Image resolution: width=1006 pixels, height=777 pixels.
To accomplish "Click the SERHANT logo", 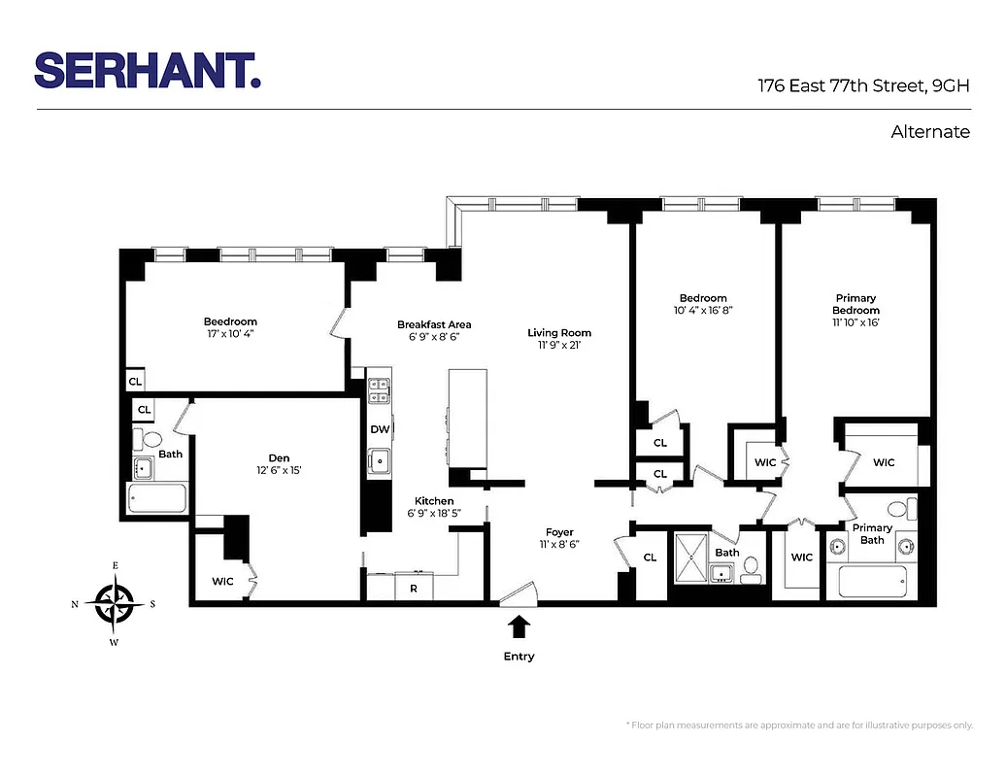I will coord(148,71).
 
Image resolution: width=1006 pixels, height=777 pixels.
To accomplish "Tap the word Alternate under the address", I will coord(929,132).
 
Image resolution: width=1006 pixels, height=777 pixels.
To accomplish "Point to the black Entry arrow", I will coord(519,625).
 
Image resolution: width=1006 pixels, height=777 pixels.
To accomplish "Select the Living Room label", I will coord(558,333).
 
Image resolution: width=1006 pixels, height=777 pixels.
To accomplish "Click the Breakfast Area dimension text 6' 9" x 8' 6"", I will coord(433,338).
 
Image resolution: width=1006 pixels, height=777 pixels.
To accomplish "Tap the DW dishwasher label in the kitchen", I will coord(379,429).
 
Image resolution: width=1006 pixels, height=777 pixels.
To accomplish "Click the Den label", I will coord(279,457).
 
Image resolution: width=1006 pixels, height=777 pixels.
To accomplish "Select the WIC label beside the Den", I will coord(222,582).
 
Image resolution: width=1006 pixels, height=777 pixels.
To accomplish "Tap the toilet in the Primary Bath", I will coord(900,508).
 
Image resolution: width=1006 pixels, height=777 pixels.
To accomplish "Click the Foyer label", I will coord(559,532).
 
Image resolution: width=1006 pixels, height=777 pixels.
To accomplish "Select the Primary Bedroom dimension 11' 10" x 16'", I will coord(855,322).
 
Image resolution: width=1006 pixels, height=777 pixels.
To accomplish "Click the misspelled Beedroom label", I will coord(230,321).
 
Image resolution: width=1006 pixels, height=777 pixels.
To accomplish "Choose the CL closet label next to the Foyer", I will coord(650,557).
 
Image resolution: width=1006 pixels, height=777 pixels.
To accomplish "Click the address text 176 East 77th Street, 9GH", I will coord(863,84).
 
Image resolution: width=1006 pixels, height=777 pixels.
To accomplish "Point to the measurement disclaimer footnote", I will coord(799,726).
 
